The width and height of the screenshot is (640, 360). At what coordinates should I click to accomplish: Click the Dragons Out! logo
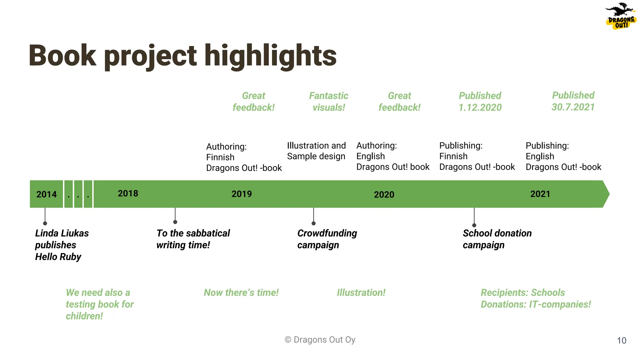[621, 16]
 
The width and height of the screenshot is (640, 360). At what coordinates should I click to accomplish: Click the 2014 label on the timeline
[47, 194]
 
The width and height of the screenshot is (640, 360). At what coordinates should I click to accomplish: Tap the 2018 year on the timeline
[128, 193]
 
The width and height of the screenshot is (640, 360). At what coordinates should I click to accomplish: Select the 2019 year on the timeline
[242, 194]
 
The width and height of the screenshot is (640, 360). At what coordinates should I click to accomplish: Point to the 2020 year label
[384, 195]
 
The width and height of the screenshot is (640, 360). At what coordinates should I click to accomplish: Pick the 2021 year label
[540, 194]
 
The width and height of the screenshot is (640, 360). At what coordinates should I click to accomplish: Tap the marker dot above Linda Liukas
[45, 223]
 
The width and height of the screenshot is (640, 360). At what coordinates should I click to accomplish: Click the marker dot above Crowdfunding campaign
[313, 223]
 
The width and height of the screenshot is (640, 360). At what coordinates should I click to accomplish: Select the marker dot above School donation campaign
[474, 225]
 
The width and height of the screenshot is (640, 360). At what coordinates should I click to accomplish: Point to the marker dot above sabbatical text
[175, 222]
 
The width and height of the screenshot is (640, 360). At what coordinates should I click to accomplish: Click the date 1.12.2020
[480, 107]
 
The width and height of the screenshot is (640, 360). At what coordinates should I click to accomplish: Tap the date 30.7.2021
[573, 107]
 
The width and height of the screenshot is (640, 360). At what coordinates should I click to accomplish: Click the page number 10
[622, 341]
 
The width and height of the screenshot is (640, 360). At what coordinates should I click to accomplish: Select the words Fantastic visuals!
[328, 102]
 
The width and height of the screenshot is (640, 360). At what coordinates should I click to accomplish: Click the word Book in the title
[62, 56]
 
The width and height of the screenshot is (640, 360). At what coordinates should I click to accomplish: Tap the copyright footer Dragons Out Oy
[320, 340]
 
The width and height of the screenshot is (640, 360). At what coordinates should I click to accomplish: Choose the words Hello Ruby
[58, 257]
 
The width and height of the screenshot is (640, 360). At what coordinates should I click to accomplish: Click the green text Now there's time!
[241, 292]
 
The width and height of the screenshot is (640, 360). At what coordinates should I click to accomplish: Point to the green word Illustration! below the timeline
[361, 292]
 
